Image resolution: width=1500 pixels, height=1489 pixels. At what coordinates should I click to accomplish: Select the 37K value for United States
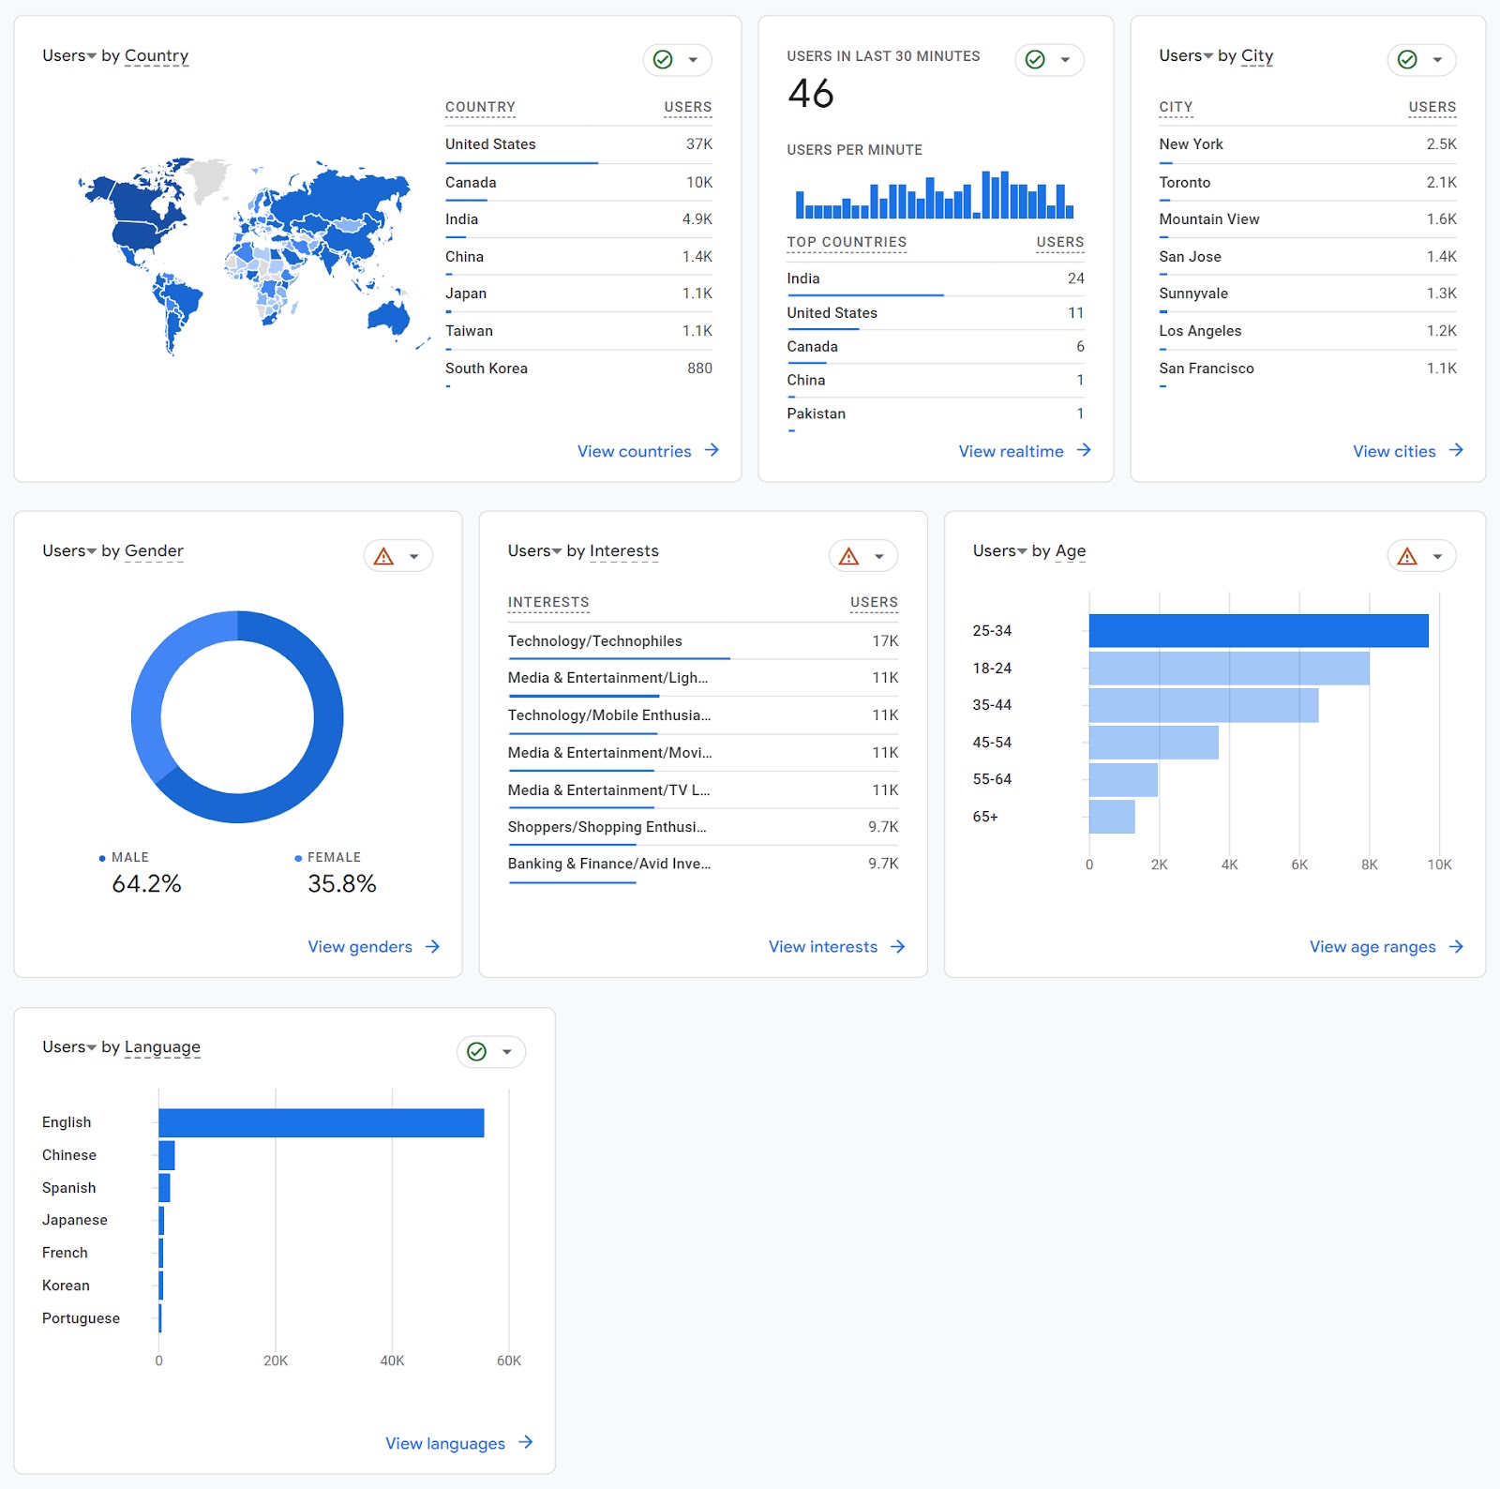[698, 144]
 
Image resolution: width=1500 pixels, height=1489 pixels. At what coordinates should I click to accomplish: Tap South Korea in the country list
[486, 368]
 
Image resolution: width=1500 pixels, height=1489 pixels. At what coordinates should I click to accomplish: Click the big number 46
[811, 94]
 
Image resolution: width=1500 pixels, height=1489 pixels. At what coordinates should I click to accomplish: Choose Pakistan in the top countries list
[816, 414]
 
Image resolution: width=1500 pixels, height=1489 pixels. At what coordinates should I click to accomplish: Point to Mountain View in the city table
[1208, 219]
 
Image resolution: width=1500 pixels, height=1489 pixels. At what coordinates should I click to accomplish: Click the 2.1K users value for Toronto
[1441, 183]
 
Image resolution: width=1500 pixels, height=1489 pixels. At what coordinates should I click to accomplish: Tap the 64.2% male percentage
[146, 883]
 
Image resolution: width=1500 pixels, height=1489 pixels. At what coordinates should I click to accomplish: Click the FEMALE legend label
[334, 857]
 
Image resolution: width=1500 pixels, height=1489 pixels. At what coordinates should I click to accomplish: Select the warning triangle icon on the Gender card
[383, 557]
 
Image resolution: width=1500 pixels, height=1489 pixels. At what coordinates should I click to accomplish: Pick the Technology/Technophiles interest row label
[594, 641]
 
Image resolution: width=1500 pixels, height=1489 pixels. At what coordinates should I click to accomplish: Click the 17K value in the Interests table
[884, 641]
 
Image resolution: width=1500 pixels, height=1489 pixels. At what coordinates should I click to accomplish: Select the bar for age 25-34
[1258, 631]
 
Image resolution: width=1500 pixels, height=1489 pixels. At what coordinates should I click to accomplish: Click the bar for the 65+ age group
[1112, 817]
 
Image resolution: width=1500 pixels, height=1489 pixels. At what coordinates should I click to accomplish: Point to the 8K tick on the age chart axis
[1369, 865]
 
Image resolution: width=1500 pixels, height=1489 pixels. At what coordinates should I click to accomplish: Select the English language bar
[321, 1123]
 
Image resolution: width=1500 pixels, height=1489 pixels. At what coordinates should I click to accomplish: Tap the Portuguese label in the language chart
[81, 1318]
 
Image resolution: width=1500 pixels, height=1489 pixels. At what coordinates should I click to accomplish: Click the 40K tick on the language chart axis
[392, 1361]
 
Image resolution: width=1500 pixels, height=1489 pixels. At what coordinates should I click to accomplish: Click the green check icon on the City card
[1407, 60]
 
